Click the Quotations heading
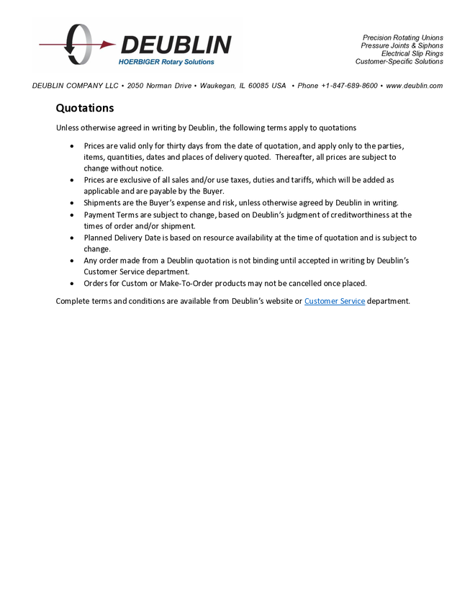[x=85, y=109]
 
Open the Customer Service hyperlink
[x=335, y=301]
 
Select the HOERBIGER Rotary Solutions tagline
[x=166, y=62]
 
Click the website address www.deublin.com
[x=414, y=86]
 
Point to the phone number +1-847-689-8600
[x=349, y=86]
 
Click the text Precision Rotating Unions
[x=402, y=37]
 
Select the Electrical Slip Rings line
[x=412, y=53]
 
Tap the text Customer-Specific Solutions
[x=399, y=61]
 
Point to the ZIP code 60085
[x=259, y=86]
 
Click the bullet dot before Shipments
[x=72, y=203]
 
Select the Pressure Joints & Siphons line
[x=402, y=45]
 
